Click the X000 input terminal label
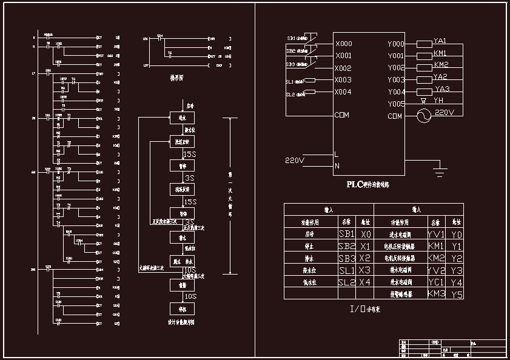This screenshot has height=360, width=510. tap(343, 44)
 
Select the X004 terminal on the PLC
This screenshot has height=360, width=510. tap(343, 92)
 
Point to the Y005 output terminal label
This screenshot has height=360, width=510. tap(396, 104)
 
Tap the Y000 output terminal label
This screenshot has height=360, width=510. tap(396, 44)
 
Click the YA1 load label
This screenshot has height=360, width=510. tap(440, 41)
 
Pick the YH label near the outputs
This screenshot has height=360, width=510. tap(438, 100)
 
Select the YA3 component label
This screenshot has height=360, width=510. tap(442, 88)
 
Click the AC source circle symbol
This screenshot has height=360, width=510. tap(423, 116)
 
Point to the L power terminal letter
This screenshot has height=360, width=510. tap(337, 154)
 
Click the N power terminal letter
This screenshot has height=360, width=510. tap(337, 165)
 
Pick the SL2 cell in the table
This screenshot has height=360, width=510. tap(347, 282)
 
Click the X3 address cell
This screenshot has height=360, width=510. tap(365, 270)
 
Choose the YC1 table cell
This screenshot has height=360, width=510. tap(437, 282)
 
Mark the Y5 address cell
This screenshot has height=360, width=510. tap(457, 295)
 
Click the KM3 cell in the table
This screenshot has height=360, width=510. tap(437, 294)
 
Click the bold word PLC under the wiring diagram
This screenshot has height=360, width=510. tap(354, 184)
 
